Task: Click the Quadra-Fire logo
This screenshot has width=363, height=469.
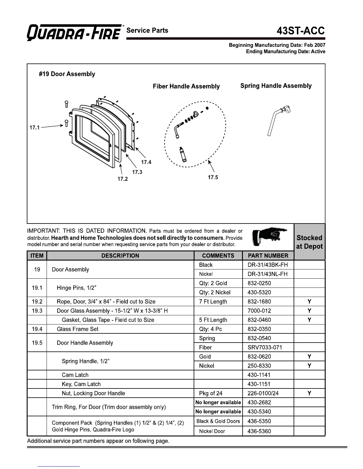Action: click(x=74, y=32)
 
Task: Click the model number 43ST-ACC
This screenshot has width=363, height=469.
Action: click(x=301, y=31)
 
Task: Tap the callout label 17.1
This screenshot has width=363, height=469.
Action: click(x=35, y=128)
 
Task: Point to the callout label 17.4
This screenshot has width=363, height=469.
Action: click(x=146, y=162)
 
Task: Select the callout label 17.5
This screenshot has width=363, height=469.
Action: click(x=213, y=177)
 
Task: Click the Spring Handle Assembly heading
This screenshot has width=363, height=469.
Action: click(x=276, y=86)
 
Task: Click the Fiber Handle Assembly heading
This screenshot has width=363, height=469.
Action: click(x=186, y=86)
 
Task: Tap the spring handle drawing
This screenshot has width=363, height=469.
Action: click(x=278, y=120)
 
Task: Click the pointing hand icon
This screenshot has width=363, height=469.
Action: click(x=269, y=237)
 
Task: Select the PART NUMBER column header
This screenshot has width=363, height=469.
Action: click(x=268, y=256)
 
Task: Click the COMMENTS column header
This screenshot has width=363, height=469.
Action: click(x=218, y=256)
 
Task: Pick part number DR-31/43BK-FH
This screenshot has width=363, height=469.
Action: click(x=268, y=265)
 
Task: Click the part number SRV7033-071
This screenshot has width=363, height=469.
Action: click(x=265, y=347)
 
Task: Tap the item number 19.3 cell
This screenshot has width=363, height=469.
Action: click(x=37, y=311)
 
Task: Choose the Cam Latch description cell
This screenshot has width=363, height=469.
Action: click(x=75, y=375)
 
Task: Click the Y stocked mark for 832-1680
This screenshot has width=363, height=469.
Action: click(x=309, y=301)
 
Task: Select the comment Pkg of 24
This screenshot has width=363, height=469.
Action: click(x=211, y=393)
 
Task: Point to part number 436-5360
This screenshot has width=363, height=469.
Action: click(x=259, y=431)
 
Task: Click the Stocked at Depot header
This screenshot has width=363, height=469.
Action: click(x=309, y=242)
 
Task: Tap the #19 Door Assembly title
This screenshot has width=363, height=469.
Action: click(x=67, y=74)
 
